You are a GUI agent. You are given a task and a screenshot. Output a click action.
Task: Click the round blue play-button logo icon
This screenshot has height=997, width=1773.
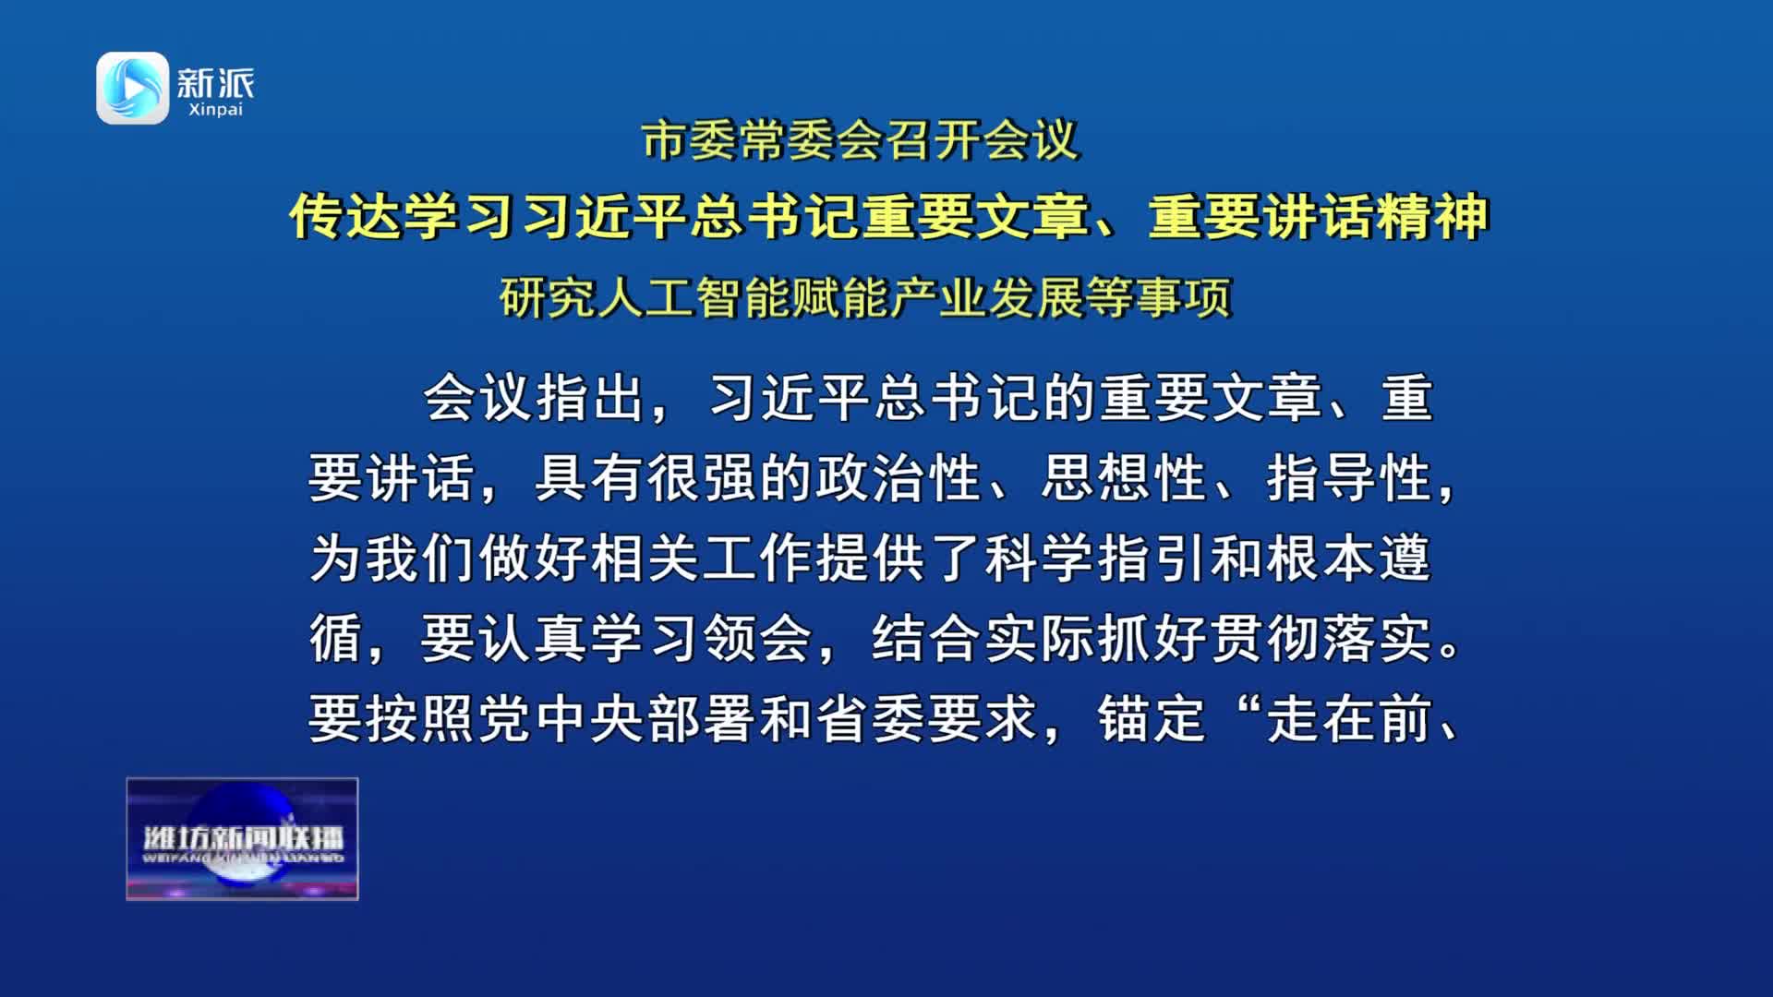coord(133,88)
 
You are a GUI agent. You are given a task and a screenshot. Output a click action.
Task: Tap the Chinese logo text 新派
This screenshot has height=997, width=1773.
coord(215,83)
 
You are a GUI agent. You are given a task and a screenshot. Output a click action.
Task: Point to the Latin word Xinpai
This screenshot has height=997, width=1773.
coord(215,110)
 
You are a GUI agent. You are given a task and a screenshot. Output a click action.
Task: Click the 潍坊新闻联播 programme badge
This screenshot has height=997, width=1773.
coord(242,838)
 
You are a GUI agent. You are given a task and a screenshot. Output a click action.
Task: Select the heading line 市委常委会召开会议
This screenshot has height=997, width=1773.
coord(861,141)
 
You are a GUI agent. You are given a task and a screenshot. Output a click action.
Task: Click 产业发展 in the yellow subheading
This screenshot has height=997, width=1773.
coord(988,297)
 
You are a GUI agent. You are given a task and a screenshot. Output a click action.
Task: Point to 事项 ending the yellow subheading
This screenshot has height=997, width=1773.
coord(1185,297)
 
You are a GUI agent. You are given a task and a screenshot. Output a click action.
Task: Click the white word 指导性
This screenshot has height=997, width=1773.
coord(1349,478)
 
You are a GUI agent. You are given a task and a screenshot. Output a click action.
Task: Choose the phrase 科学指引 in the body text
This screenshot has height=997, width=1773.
coord(1095,559)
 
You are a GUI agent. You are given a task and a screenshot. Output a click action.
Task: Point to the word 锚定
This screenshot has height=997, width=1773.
coord(1152,719)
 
